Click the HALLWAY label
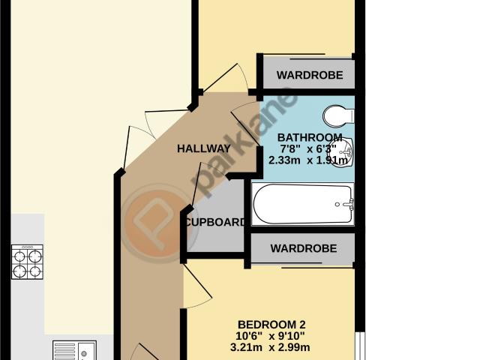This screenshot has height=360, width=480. point(203,148)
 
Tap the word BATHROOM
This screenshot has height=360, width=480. point(310,137)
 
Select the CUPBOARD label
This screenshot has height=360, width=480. point(216,222)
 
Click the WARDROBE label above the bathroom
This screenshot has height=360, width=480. point(310,75)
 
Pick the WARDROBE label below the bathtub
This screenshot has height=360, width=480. point(303,248)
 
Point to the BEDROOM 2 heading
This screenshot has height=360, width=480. point(271,325)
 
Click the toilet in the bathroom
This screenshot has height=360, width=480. point(338,116)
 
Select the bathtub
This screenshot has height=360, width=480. point(302,204)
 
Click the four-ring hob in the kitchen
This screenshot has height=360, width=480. point(27,262)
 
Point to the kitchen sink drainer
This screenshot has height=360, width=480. point(64,351)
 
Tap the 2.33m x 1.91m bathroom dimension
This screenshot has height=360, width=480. point(308,160)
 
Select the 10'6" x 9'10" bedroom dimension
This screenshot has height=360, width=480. point(270,336)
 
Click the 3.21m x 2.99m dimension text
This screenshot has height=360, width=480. point(270,347)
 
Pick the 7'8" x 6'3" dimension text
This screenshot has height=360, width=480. point(308,148)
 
